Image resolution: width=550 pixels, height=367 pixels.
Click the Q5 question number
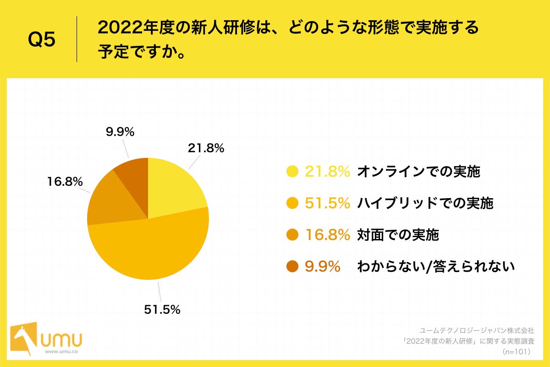tap(41, 40)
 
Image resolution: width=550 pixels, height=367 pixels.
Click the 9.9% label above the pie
tap(120, 133)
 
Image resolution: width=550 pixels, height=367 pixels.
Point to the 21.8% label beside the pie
tap(206, 148)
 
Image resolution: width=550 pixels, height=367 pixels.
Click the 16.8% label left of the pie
tap(65, 182)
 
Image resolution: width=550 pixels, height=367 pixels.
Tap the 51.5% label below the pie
tap(162, 310)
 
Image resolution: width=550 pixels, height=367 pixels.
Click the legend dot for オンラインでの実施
tap(292, 172)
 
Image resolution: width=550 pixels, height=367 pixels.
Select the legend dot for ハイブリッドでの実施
tap(292, 203)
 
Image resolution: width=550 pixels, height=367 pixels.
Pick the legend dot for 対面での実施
tap(292, 235)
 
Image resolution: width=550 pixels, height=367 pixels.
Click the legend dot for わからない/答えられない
tap(292, 267)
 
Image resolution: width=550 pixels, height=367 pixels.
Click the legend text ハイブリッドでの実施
tap(425, 203)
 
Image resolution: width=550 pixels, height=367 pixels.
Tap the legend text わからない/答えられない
tap(436, 267)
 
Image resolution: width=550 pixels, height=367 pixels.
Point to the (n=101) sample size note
tap(516, 351)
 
